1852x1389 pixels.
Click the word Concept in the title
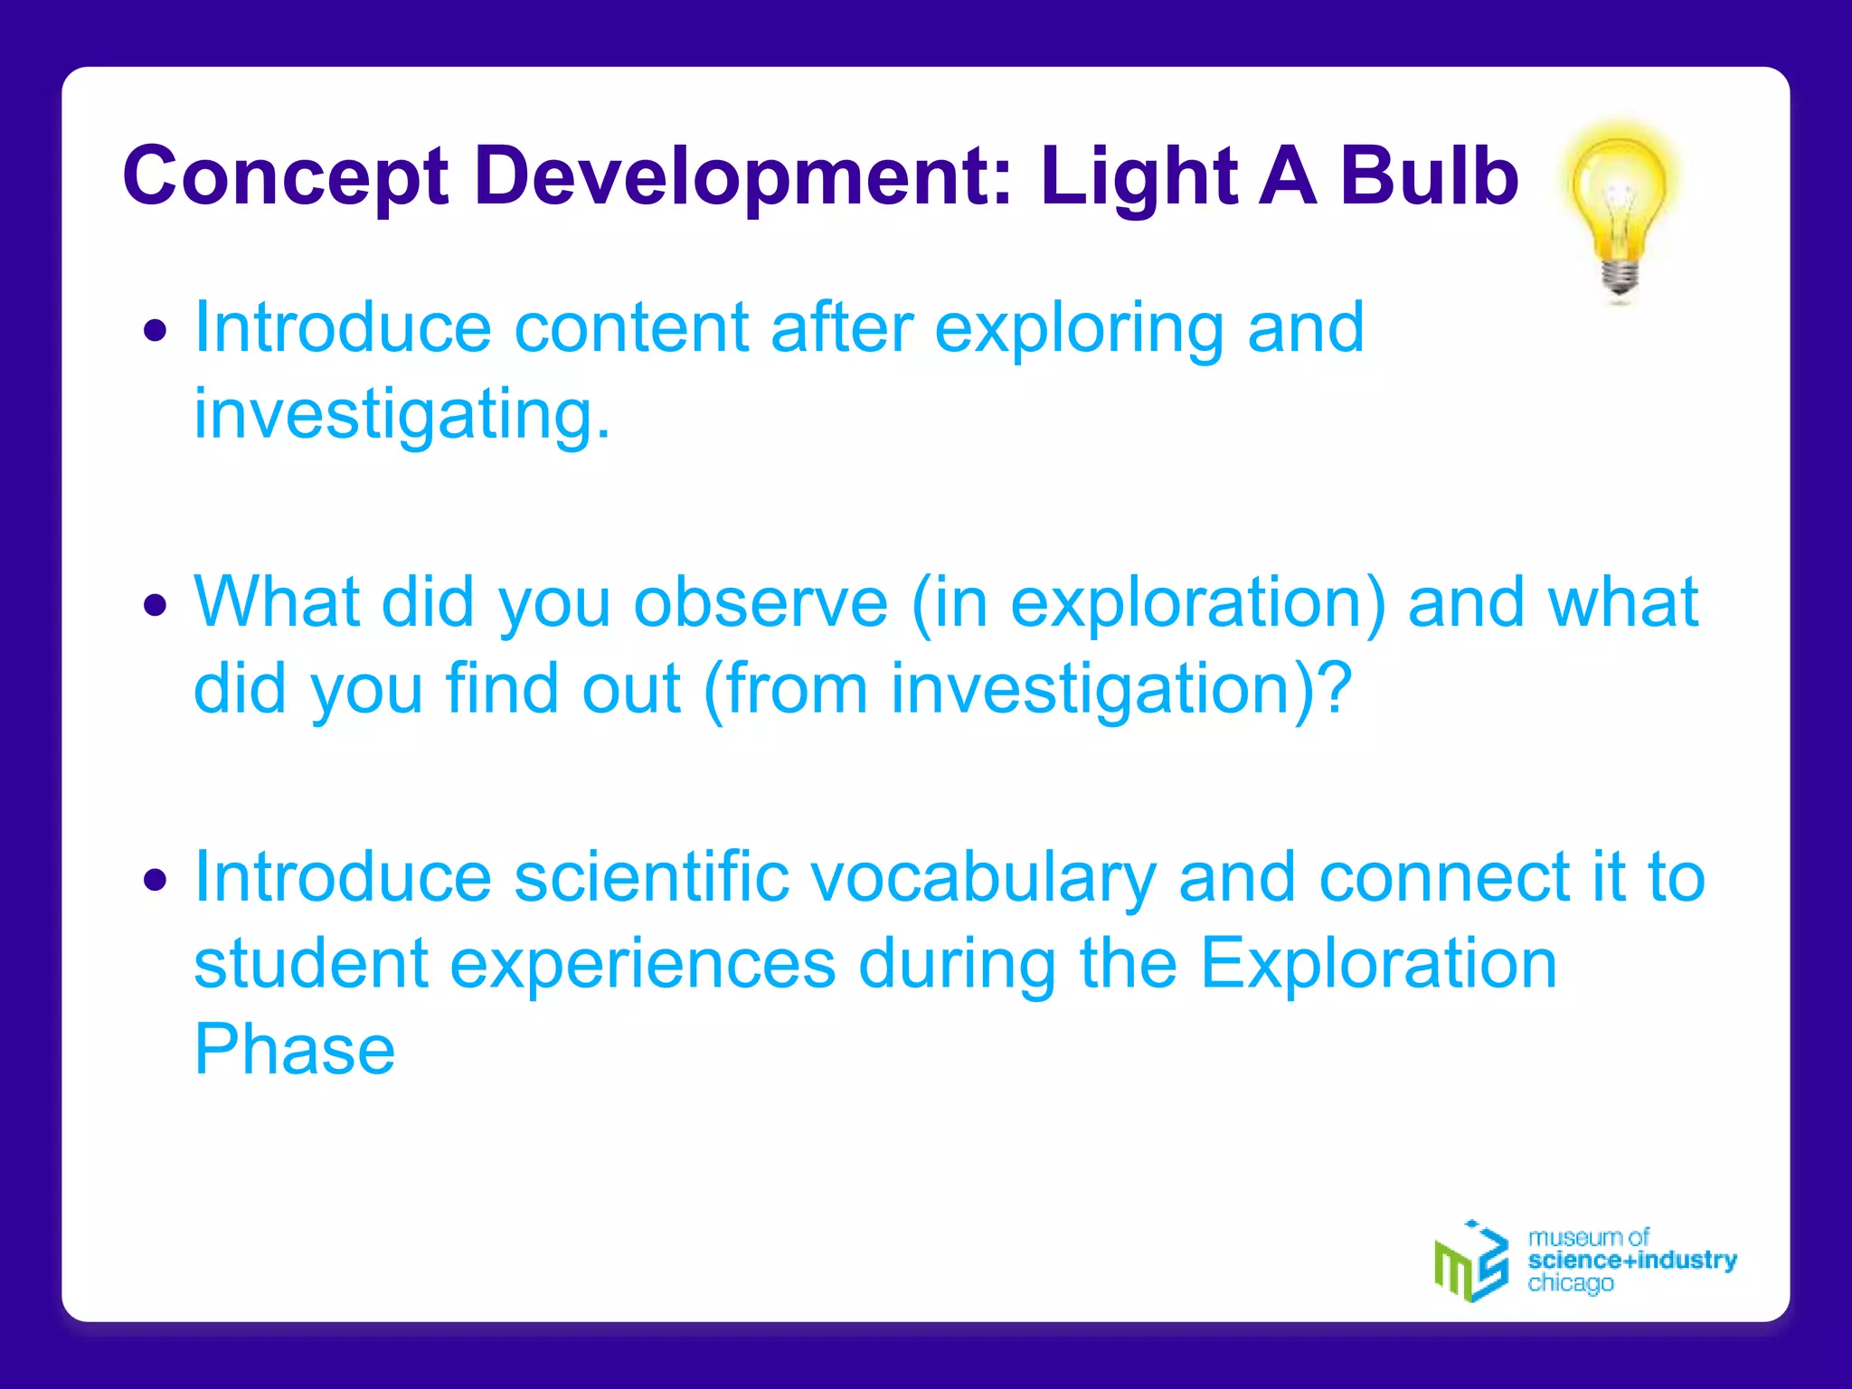(286, 177)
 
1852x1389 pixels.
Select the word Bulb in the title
(1429, 175)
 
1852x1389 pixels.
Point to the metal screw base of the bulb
(1620, 277)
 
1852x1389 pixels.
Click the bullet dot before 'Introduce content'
(156, 331)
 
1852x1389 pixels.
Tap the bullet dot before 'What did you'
(156, 605)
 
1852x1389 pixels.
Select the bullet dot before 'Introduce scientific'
(156, 879)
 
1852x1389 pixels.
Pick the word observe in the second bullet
(761, 603)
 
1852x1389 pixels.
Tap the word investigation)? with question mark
(1121, 690)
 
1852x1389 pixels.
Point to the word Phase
(295, 1051)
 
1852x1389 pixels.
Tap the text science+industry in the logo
(1631, 1260)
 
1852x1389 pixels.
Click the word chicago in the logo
(1570, 1283)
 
